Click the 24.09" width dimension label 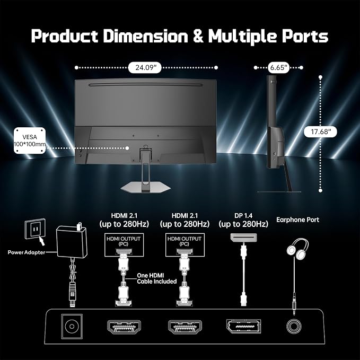[x=145, y=68]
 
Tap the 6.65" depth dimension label [x=278, y=67]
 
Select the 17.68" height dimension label [x=321, y=132]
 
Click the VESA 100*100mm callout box [x=30, y=141]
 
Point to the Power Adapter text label [x=27, y=252]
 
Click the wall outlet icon [x=35, y=229]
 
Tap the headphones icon [x=297, y=249]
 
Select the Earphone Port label [x=297, y=219]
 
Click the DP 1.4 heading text [x=243, y=216]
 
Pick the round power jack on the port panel [x=72, y=326]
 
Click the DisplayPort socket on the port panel [x=243, y=326]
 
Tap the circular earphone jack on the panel [x=294, y=327]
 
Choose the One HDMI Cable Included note [x=156, y=278]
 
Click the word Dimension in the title [x=145, y=36]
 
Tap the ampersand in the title [x=198, y=36]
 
